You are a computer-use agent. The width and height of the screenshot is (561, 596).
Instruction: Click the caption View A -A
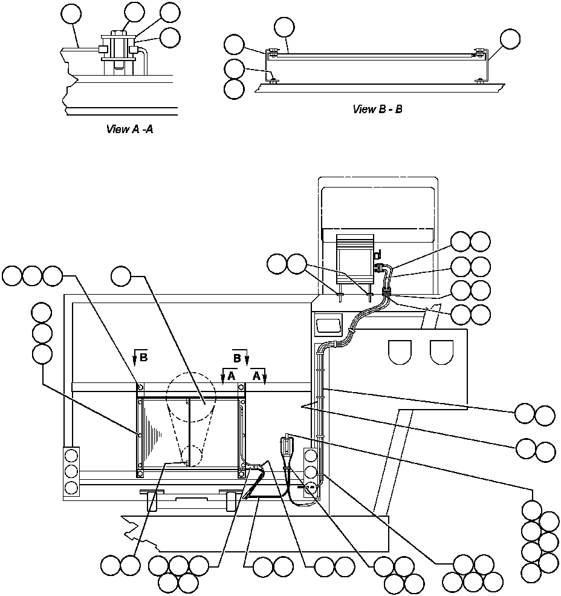(129, 129)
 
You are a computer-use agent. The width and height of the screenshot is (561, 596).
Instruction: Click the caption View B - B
(378, 110)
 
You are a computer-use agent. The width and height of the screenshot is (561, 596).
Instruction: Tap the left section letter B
(143, 358)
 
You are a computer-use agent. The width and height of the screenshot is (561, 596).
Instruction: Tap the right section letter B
(238, 358)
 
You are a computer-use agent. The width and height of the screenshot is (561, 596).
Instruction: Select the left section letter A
(232, 375)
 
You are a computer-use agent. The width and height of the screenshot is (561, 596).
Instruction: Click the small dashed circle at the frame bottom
(191, 456)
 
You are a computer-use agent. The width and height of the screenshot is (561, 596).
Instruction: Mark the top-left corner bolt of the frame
(140, 387)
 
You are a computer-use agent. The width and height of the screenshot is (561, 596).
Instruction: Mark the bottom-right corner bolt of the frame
(241, 473)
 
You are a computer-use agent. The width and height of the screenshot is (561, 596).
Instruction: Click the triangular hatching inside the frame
(154, 433)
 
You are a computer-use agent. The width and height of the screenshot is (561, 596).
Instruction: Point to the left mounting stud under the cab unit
(341, 296)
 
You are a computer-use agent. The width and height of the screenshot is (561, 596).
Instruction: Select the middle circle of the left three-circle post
(71, 471)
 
